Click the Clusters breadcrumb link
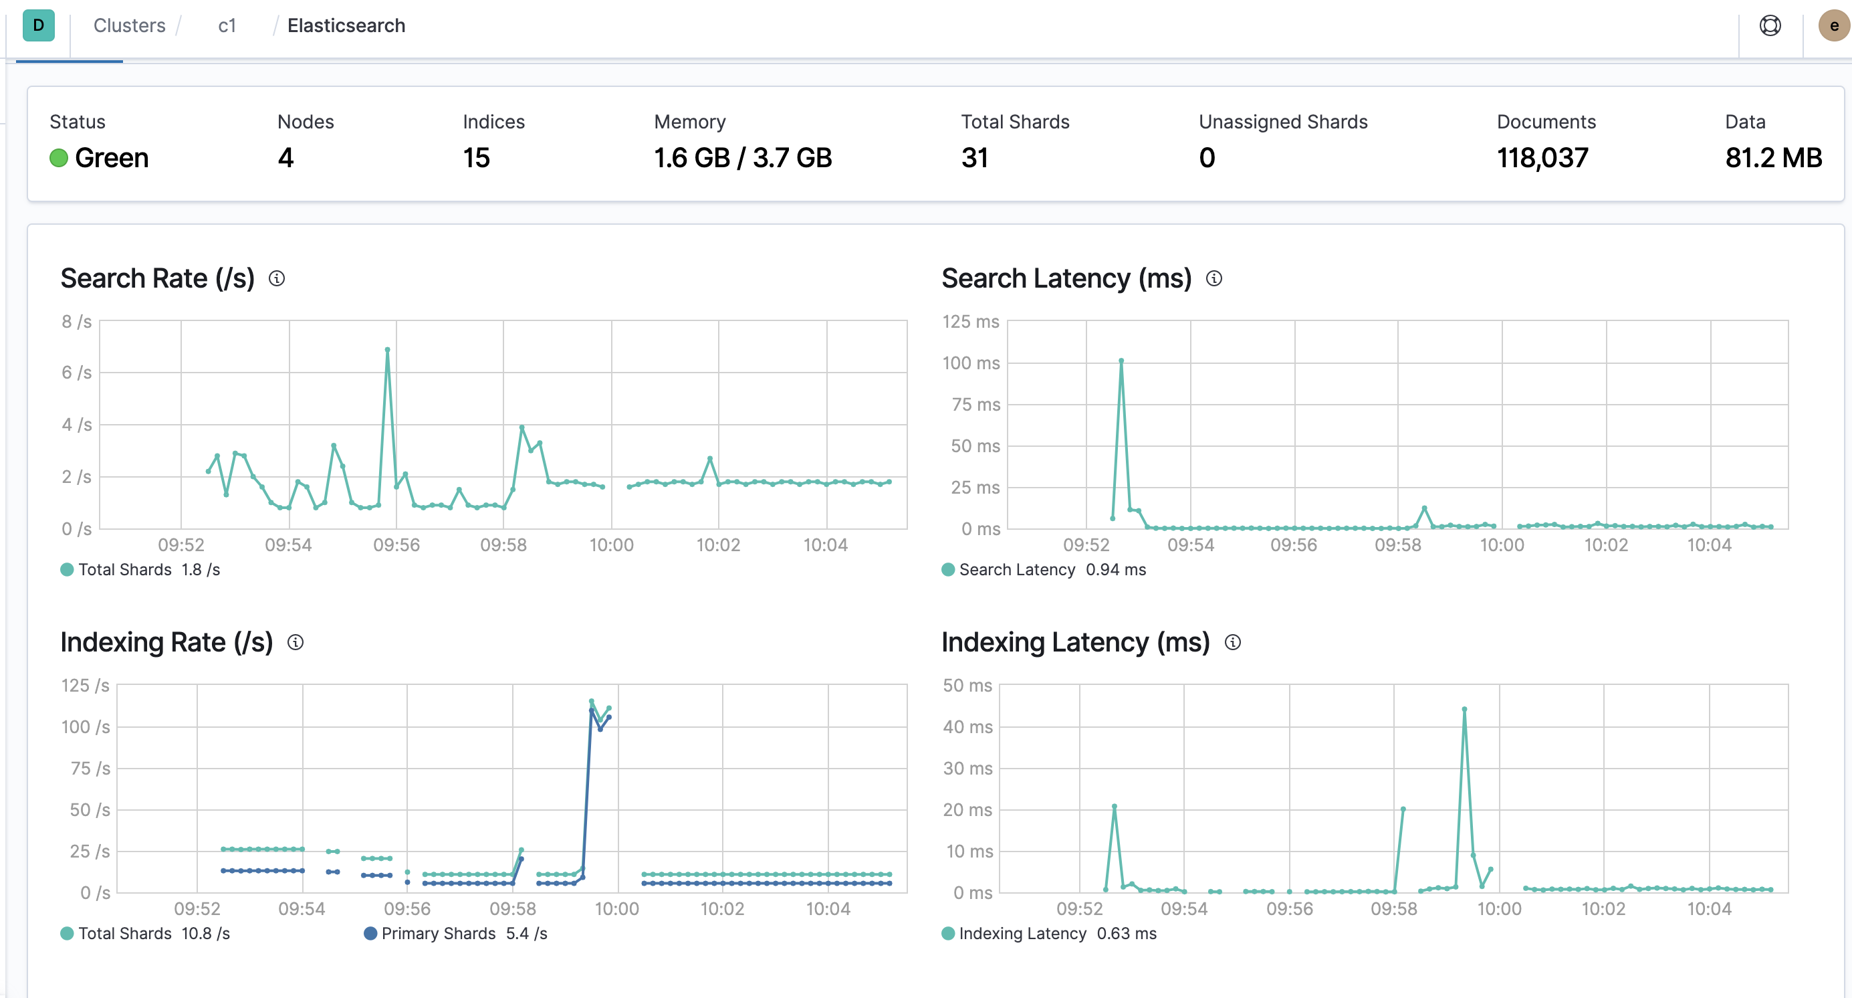click(130, 26)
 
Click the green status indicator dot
click(59, 157)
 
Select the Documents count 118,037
click(1542, 157)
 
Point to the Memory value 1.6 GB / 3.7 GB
click(743, 157)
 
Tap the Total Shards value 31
click(975, 157)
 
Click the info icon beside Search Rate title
click(277, 278)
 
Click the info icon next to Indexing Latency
click(1233, 642)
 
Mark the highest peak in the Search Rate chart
click(388, 349)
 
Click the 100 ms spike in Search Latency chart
click(1121, 361)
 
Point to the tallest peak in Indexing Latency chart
click(1464, 710)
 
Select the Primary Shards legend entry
click(456, 933)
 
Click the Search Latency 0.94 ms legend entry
click(1044, 569)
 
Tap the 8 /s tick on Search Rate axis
click(77, 321)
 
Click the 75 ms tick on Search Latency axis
click(975, 404)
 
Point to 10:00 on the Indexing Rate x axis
click(617, 909)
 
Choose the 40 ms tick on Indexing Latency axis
click(967, 727)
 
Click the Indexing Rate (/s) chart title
click(166, 642)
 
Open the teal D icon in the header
click(39, 25)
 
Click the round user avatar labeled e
click(1834, 26)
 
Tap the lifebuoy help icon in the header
click(1770, 26)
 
